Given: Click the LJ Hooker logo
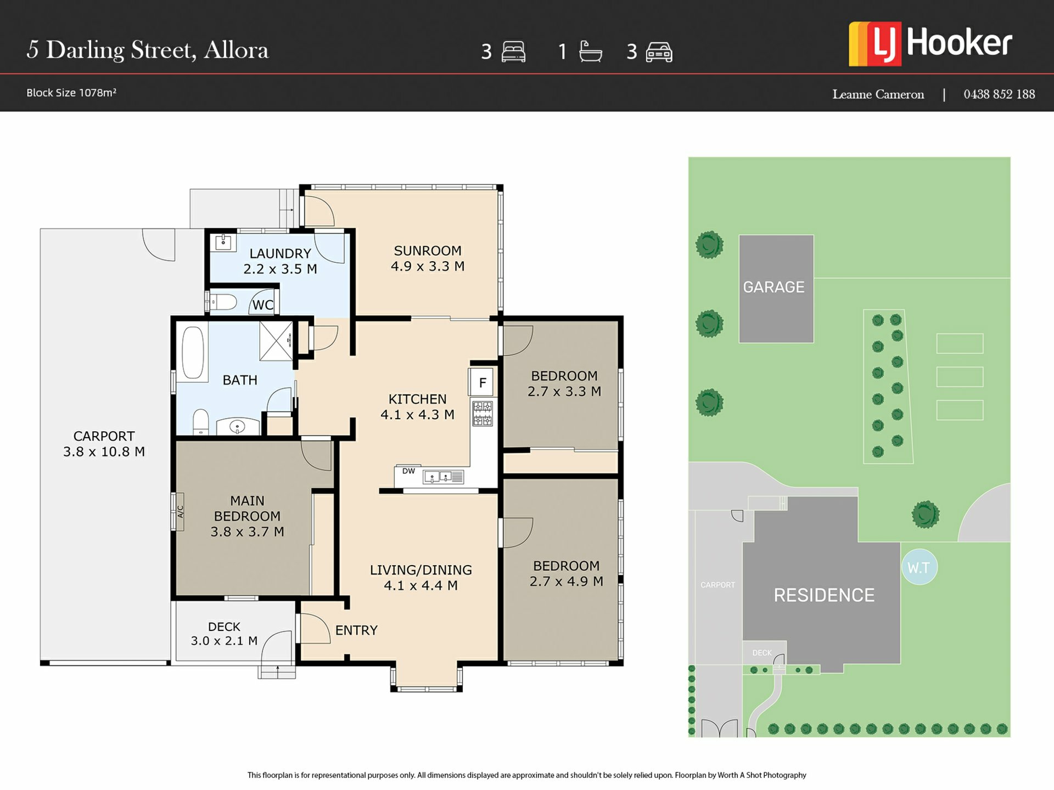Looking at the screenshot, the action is [930, 44].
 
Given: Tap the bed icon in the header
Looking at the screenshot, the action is [513, 52].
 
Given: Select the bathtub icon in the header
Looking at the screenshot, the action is [591, 52].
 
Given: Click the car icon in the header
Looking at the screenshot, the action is [659, 52].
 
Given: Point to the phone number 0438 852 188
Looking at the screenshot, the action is [999, 94].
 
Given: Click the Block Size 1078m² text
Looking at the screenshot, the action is [71, 93].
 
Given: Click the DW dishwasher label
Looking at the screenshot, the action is [408, 471].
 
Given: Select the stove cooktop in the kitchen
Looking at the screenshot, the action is [483, 413].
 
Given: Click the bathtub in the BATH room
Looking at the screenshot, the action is [193, 353].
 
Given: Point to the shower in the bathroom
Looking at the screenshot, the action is [276, 341].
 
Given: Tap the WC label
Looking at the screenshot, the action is [263, 305].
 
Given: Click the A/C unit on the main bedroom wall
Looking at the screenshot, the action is [180, 511].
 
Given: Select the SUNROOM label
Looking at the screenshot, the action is [428, 251].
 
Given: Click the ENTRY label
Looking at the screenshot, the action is [356, 630].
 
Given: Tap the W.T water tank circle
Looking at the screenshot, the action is [919, 567].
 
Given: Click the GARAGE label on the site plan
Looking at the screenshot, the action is [773, 287].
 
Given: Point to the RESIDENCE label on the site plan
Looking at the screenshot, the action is [824, 595].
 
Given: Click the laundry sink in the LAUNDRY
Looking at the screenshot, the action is [223, 242].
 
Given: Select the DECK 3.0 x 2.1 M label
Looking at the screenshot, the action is [224, 634].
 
